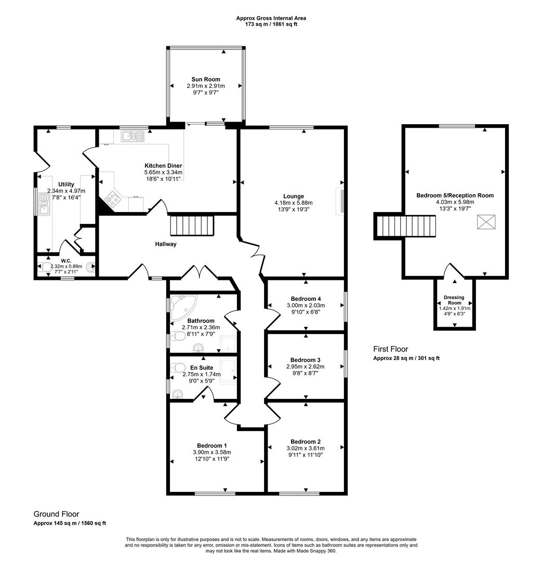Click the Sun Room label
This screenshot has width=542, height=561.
click(x=205, y=79)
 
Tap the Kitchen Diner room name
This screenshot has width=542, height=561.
click(x=163, y=165)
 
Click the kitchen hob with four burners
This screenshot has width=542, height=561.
click(x=112, y=197)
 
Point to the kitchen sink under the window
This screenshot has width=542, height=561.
click(x=133, y=137)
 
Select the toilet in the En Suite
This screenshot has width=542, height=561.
click(x=178, y=368)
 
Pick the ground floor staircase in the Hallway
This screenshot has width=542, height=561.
click(x=192, y=226)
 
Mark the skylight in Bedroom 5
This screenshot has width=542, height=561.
click(x=486, y=222)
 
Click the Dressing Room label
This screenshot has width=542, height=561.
click(x=455, y=300)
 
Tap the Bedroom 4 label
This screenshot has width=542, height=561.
click(x=305, y=299)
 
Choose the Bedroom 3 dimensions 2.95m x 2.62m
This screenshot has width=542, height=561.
click(x=305, y=366)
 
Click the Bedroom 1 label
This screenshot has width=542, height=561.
click(x=211, y=445)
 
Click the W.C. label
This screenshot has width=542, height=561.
click(x=65, y=261)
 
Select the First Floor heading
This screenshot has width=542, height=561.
click(x=390, y=350)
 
